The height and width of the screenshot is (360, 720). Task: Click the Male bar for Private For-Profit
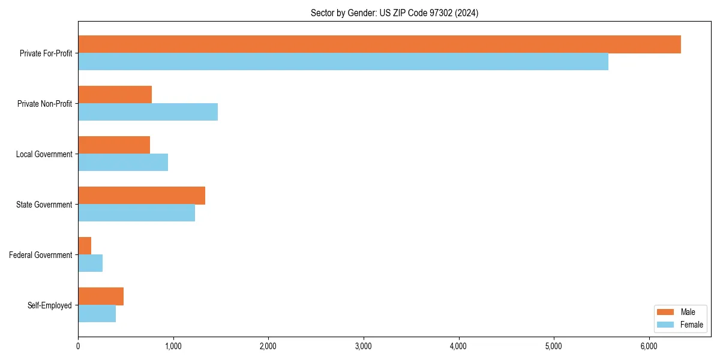(379, 44)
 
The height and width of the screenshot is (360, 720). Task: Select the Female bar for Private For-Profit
(343, 62)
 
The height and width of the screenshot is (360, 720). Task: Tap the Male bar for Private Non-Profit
(115, 95)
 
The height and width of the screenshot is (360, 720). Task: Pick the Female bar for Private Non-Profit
(148, 112)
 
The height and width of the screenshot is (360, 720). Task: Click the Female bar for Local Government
(123, 163)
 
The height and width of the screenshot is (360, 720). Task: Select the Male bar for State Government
(142, 196)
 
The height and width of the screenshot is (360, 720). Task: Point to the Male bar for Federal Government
(85, 246)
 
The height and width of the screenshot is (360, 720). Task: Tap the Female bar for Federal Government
(91, 263)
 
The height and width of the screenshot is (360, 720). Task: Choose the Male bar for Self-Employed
(101, 296)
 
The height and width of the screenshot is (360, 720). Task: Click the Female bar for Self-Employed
(97, 314)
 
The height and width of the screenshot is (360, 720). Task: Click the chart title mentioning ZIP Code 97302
(394, 13)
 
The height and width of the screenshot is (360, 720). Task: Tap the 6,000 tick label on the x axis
(649, 346)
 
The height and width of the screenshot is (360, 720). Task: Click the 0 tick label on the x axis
(78, 346)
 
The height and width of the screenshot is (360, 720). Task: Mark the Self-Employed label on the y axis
(50, 305)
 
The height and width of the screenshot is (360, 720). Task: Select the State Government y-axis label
(44, 205)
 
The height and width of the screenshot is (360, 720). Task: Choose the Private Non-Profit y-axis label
(44, 104)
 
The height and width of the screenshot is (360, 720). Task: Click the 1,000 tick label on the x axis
(173, 346)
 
